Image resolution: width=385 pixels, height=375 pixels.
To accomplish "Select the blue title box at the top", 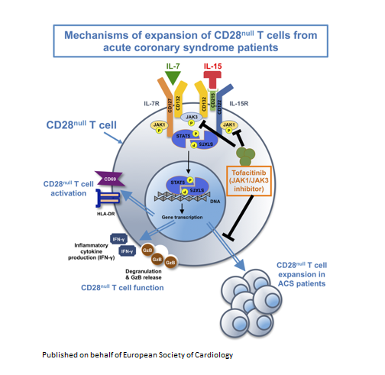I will pyautogui.click(x=191, y=40).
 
